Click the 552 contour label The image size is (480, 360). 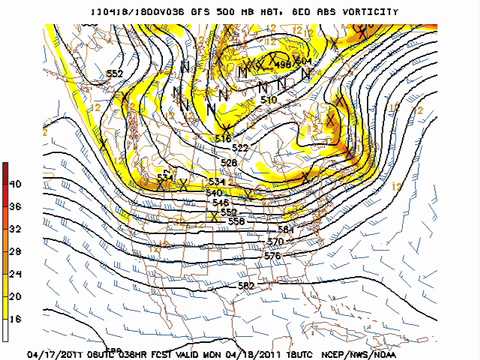coord(115,73)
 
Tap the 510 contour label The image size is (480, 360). coord(268,100)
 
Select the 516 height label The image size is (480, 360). coord(223,138)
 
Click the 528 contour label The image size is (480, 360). coord(229,162)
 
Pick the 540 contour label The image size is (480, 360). coord(214,192)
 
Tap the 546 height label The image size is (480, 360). coord(221,202)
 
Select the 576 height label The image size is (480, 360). coord(271,256)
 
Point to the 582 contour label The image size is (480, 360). coord(246,286)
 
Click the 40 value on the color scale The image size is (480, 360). coord(15,184)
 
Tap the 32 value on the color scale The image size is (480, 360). coord(15,228)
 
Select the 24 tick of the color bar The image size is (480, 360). coord(15,272)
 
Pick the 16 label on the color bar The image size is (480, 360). coord(15,317)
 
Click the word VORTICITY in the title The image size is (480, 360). coord(364,12)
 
